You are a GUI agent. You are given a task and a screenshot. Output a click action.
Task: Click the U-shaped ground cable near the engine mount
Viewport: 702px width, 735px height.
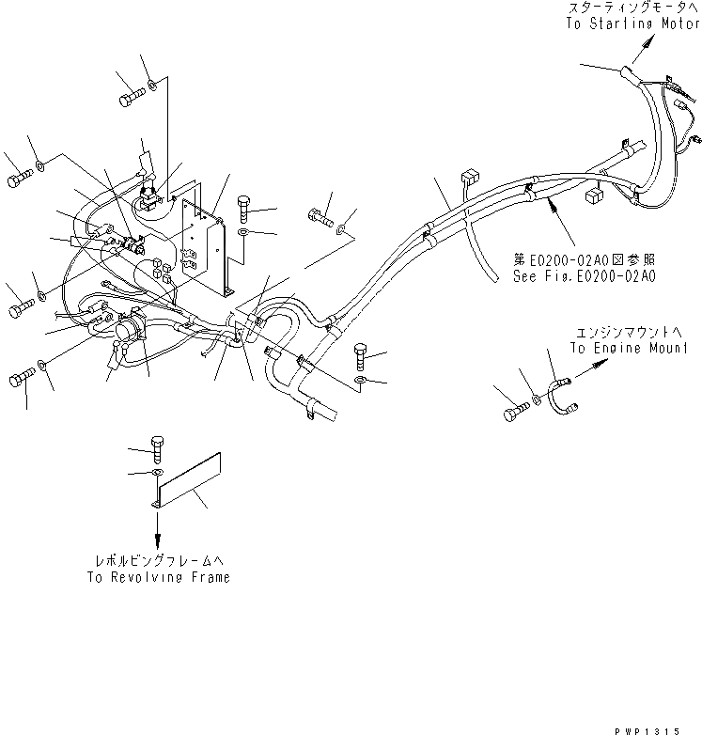point(564,396)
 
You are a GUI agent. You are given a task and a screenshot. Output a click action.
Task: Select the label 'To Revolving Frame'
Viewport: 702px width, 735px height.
point(157,578)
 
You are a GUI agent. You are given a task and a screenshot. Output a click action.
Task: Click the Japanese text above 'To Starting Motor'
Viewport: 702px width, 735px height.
point(631,8)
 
